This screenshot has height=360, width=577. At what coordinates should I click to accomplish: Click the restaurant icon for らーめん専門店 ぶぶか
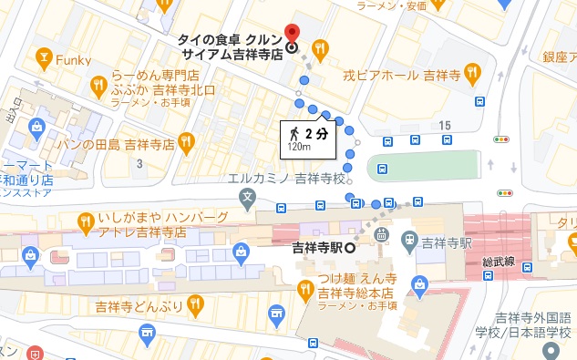98,86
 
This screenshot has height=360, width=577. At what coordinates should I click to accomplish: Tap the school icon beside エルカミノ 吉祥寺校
246,196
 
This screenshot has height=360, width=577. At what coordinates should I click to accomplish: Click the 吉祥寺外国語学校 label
532,324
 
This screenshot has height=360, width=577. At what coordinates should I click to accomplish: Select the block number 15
444,124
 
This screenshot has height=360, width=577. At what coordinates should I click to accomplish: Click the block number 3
139,163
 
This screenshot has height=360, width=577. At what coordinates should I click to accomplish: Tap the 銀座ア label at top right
559,57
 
